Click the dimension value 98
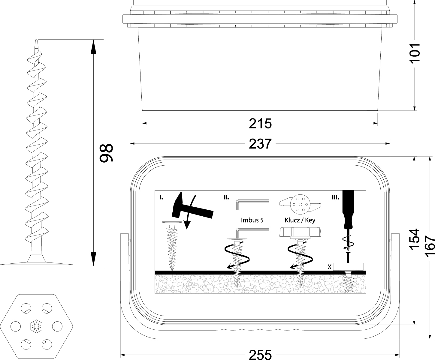coord(106,153)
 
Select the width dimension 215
coord(260,124)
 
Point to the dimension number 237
coord(260,144)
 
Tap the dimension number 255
coord(260,354)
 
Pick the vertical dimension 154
coord(414,239)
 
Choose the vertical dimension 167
coord(430,246)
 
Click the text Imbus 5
coord(252,220)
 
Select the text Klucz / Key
coord(300,220)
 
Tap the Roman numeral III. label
coord(335,197)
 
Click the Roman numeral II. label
coord(226,197)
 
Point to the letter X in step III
coord(329,267)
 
